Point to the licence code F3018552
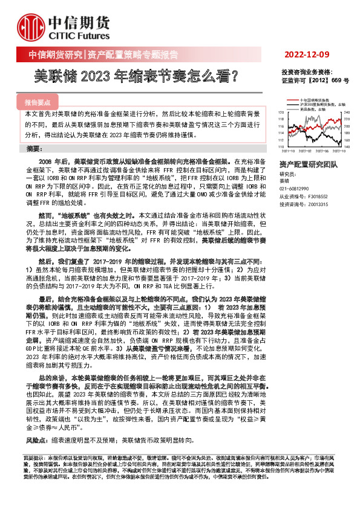[318, 197]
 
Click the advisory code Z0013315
[318, 205]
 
